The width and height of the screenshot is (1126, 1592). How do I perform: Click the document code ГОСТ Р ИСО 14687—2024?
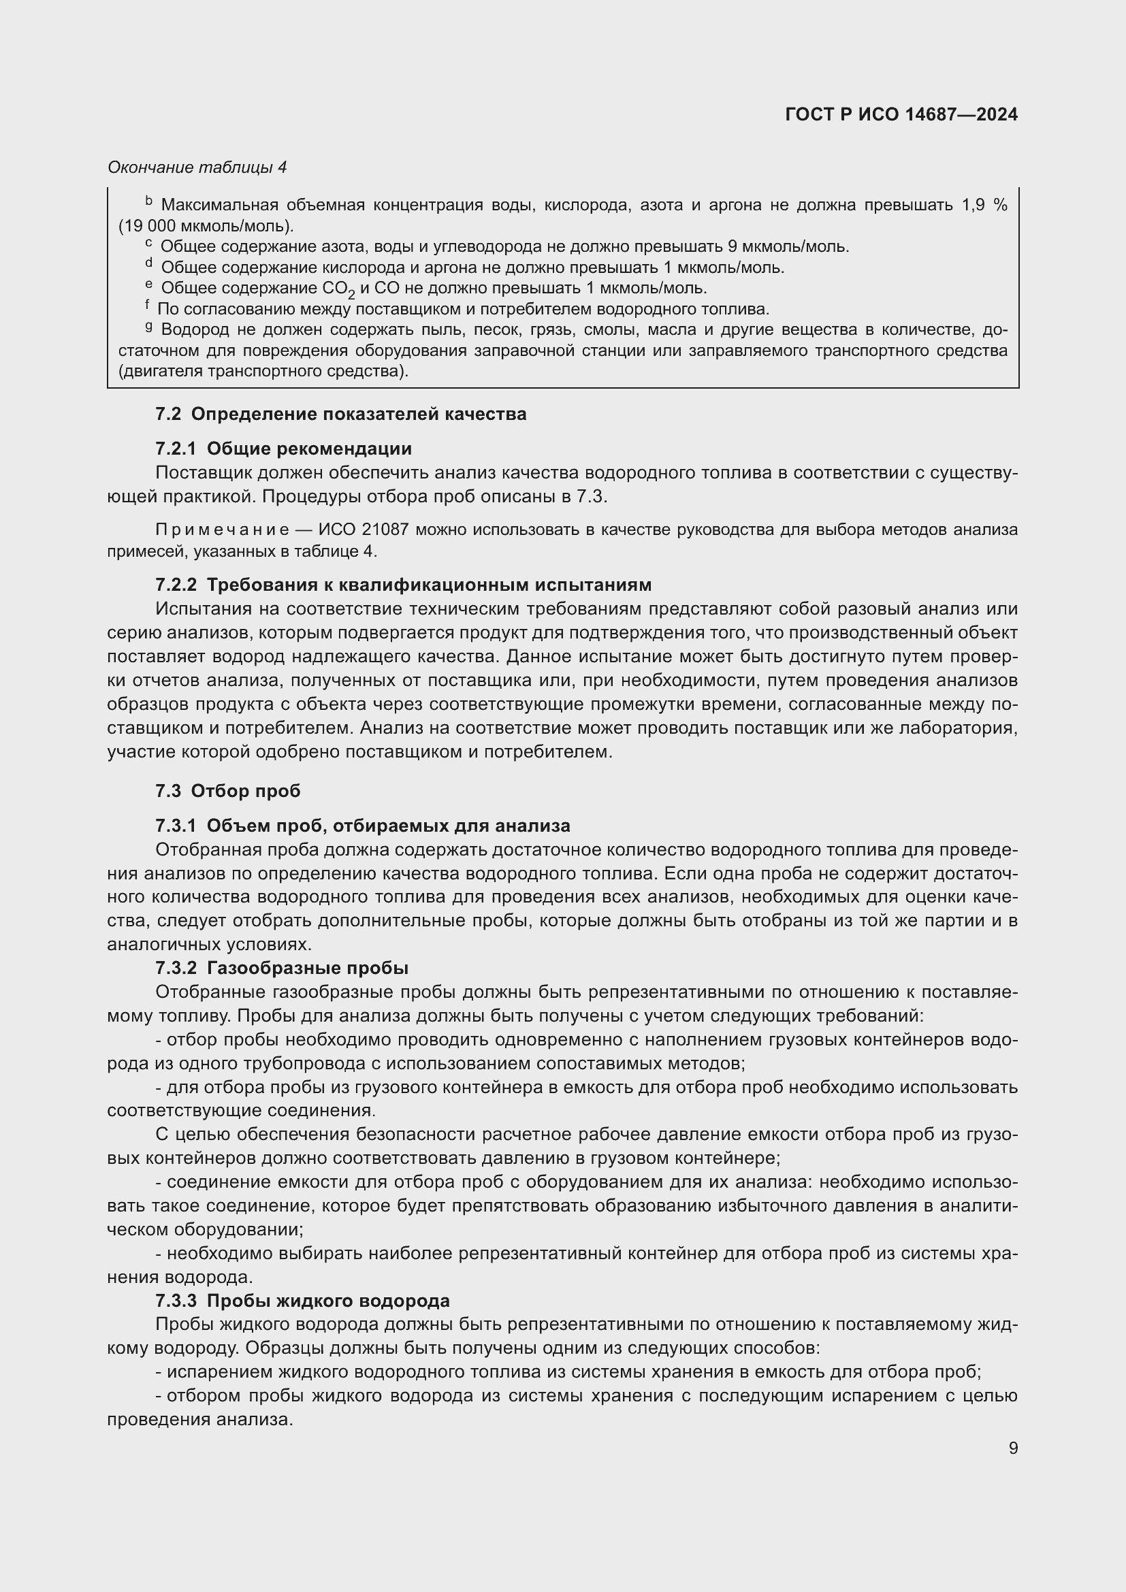(901, 114)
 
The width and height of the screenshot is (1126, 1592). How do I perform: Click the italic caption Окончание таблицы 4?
(197, 167)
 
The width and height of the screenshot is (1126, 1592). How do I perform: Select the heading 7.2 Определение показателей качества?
(340, 414)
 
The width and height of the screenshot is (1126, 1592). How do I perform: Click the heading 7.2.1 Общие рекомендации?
(284, 449)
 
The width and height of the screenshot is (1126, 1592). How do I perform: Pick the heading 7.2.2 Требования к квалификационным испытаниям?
(403, 585)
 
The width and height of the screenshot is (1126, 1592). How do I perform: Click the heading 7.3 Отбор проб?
(227, 790)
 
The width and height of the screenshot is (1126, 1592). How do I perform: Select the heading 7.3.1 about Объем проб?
(363, 825)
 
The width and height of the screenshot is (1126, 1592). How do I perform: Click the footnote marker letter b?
(148, 201)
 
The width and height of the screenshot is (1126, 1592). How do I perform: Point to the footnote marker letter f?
(148, 306)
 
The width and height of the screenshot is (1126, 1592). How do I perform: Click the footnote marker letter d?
(148, 264)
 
